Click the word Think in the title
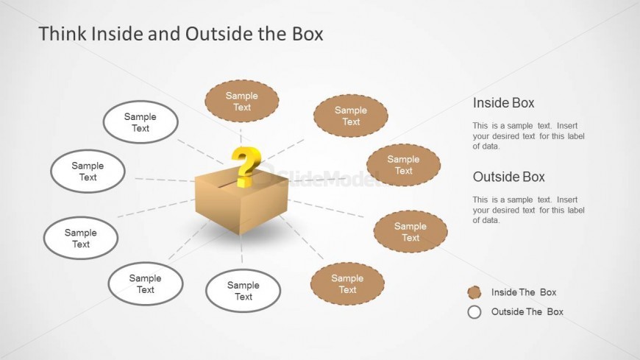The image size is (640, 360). tap(59, 34)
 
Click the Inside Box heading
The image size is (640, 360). tap(503, 103)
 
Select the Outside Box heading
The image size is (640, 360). tap(508, 177)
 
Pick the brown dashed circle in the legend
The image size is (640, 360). tap(475, 292)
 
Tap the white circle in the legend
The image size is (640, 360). tap(475, 311)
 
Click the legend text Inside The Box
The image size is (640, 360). tap(524, 292)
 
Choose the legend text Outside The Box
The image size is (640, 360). tap(527, 311)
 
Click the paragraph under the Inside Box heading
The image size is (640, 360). tap(528, 135)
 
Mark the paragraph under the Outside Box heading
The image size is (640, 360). tap(528, 210)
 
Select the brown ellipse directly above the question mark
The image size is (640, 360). tap(241, 102)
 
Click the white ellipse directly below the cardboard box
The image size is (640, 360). tap(243, 291)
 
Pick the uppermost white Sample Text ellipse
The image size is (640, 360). tap(140, 122)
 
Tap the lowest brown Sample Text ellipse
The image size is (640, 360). tap(347, 284)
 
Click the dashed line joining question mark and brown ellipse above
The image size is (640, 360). tap(243, 134)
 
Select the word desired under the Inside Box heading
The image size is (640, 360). tap(512, 136)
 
